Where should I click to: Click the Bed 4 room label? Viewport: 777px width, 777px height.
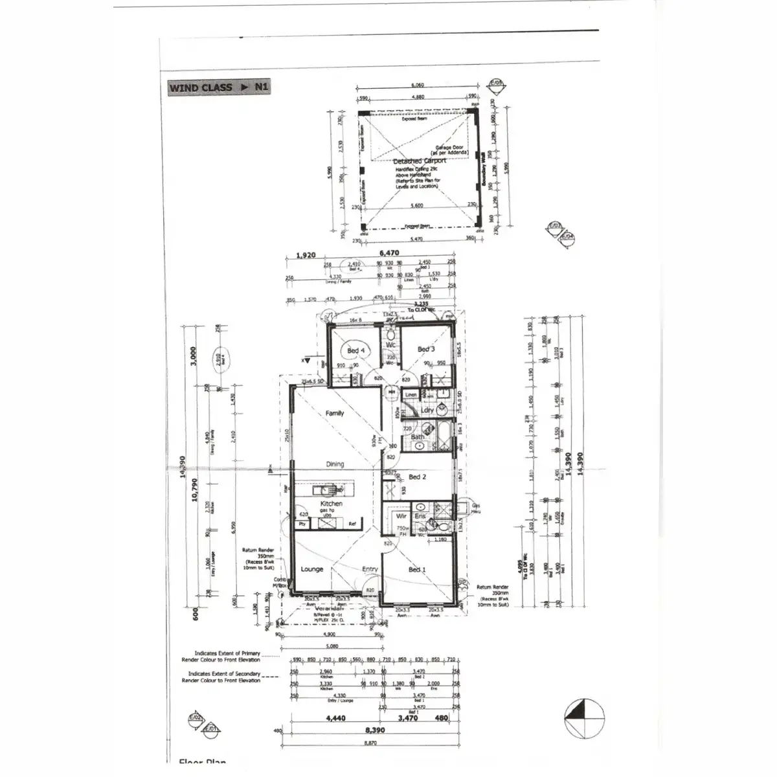click(356, 351)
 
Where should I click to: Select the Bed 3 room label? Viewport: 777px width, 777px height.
click(426, 350)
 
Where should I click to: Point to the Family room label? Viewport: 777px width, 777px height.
click(335, 413)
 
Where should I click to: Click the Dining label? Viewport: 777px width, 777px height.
click(335, 464)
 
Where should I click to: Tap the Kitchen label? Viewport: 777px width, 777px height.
click(331, 503)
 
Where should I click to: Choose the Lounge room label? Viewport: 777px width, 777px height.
click(312, 569)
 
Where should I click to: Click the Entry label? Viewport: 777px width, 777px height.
click(370, 569)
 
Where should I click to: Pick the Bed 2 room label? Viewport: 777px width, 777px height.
click(417, 477)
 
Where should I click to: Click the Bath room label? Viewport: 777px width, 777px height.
click(418, 437)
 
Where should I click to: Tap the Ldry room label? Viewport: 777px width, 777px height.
click(427, 411)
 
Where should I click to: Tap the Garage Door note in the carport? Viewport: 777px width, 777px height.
click(453, 150)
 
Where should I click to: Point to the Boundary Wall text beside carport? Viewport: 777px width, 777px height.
click(484, 170)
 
